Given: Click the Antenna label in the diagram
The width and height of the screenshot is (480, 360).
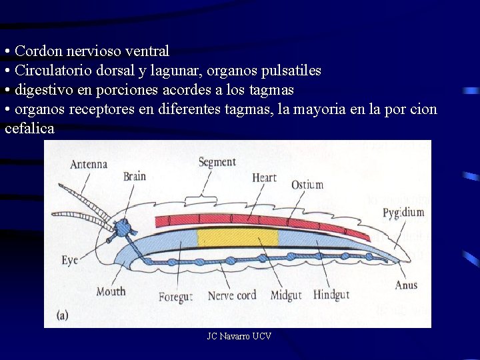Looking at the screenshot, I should (x=89, y=164).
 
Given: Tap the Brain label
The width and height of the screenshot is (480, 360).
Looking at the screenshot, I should (x=134, y=177).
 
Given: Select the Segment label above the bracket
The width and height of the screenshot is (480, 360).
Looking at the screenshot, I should (x=217, y=161).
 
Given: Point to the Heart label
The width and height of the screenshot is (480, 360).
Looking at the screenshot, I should (x=264, y=177).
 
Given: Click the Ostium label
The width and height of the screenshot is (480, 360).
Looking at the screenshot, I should (x=307, y=185).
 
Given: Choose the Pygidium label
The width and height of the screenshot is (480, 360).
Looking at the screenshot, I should (x=403, y=213).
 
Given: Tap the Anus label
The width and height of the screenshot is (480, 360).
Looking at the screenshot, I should (x=406, y=285).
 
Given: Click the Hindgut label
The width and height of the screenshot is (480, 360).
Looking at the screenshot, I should (x=331, y=295).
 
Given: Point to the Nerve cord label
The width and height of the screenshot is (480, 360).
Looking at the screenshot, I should (x=232, y=295).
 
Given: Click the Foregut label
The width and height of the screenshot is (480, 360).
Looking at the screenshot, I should (x=175, y=296).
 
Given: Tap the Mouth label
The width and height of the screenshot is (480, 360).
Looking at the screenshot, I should (x=111, y=291).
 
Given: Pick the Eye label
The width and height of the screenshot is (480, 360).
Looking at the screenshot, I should (x=70, y=259).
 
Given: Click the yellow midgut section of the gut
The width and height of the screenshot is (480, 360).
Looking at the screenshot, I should (x=237, y=238).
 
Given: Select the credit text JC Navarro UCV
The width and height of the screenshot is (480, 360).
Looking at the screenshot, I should (x=239, y=337).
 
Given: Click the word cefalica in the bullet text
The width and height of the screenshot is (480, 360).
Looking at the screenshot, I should (x=29, y=129).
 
